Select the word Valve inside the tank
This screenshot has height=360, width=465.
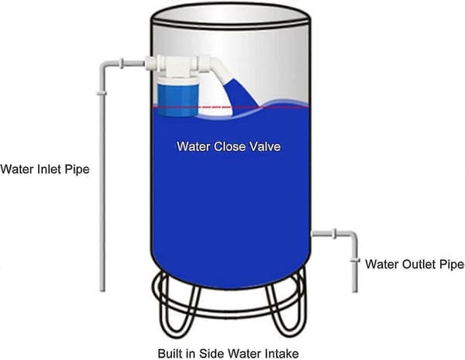coord(264,146)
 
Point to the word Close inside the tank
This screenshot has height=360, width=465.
coord(229,146)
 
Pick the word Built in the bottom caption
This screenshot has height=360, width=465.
coord(168,354)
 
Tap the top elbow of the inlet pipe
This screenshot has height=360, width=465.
coord(105,66)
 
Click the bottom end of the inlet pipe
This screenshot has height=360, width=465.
coord(102,290)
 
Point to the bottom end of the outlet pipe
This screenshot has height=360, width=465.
coord(355,290)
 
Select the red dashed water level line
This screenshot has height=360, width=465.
coord(230,107)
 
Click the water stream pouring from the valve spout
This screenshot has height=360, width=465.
coord(241,94)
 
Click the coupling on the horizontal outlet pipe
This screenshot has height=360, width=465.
coord(335,234)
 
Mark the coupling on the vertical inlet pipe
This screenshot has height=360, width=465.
coord(102,94)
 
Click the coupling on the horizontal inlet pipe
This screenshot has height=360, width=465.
coord(122,63)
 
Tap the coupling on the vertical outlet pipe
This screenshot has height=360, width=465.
coord(355,261)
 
